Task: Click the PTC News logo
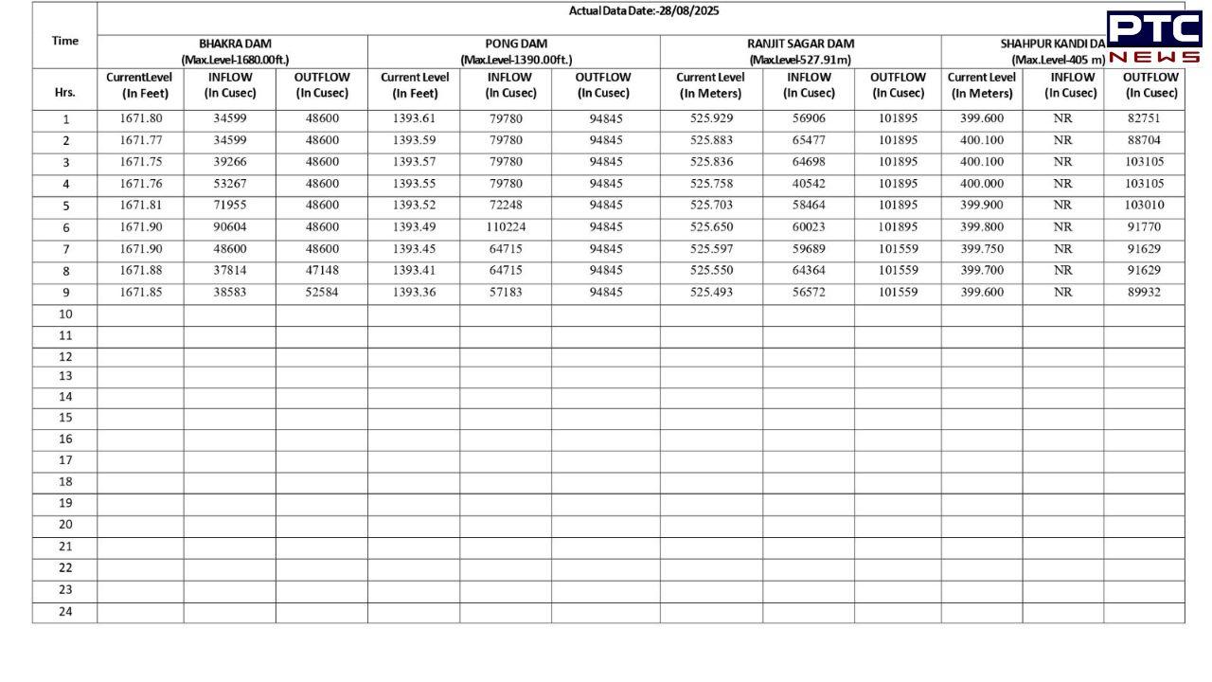[x=1153, y=38]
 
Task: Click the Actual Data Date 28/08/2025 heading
[x=643, y=11]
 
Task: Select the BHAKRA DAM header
[x=235, y=44]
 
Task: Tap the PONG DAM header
[x=516, y=44]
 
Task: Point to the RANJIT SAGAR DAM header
[x=800, y=44]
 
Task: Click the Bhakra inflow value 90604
[x=230, y=227]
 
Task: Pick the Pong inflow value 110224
[x=506, y=227]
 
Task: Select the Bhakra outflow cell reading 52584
[x=322, y=292]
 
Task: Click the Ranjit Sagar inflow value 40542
[x=809, y=184]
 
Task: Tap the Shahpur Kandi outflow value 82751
[x=1143, y=118]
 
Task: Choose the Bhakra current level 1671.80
[x=141, y=118]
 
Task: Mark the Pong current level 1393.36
[x=415, y=292]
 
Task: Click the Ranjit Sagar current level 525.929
[x=711, y=118]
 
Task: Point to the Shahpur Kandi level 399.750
[x=982, y=249]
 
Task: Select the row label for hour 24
[x=65, y=612]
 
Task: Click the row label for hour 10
[x=65, y=314]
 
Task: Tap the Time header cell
[x=65, y=41]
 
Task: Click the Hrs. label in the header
[x=65, y=93]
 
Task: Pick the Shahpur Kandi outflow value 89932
[x=1143, y=292]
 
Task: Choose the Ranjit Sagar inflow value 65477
[x=809, y=140]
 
